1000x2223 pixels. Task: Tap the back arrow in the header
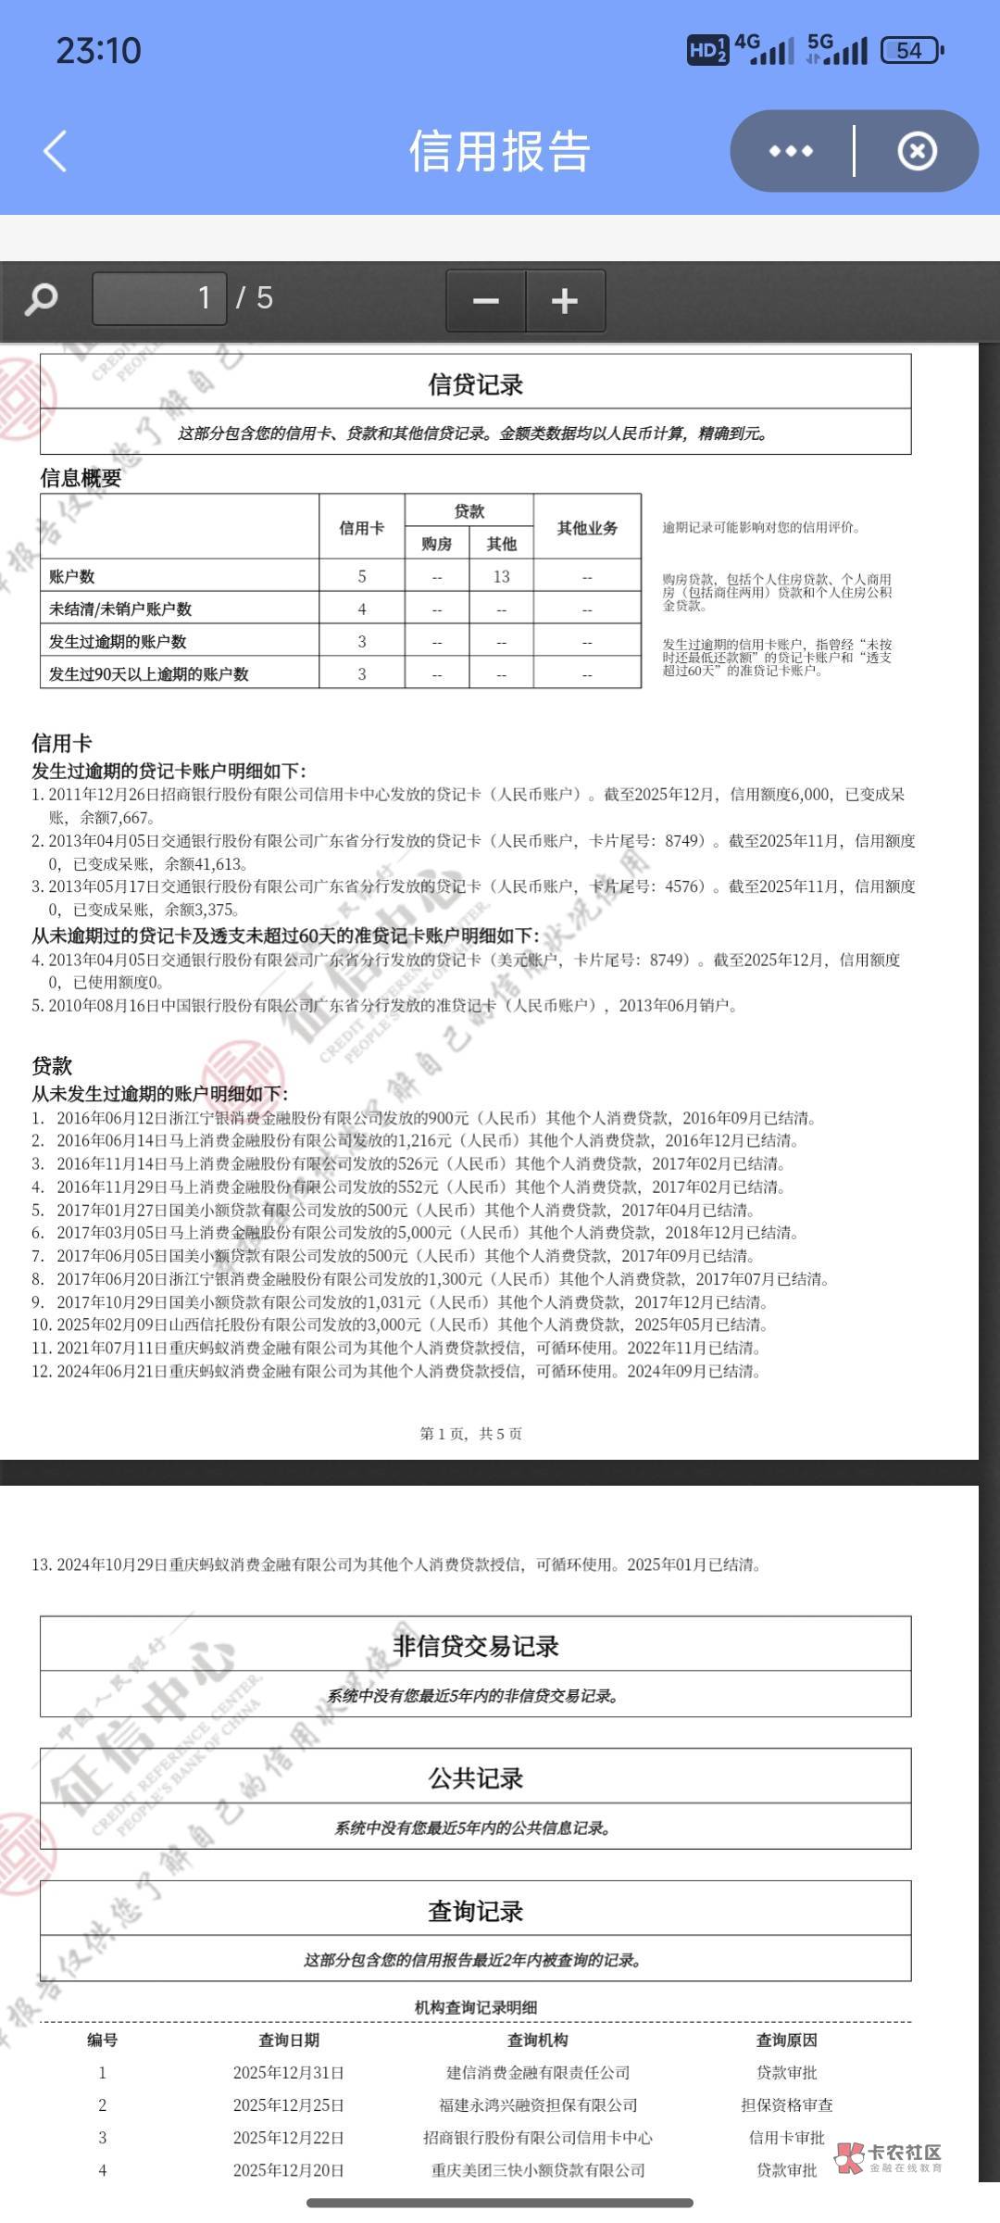coord(56,151)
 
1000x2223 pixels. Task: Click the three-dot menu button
coord(791,151)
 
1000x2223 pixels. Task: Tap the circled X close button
coord(917,151)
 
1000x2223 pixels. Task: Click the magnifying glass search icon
coord(41,299)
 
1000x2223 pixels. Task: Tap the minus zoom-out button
coord(486,300)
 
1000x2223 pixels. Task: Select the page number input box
coord(159,298)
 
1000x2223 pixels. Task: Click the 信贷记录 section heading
coord(475,384)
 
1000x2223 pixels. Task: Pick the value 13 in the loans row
coord(501,577)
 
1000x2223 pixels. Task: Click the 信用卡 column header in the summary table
coord(361,528)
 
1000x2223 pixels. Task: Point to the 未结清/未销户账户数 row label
coord(120,609)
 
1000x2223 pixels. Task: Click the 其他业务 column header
coord(587,528)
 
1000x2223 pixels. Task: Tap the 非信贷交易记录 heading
coord(475,1646)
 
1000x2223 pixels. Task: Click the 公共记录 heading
coord(475,1778)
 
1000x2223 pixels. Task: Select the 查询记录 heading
coord(475,1910)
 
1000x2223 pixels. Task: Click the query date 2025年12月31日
coord(288,2073)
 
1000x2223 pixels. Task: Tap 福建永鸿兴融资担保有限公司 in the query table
coord(538,2105)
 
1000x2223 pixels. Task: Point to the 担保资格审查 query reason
coord(786,2105)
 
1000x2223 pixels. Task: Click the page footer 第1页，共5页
coord(470,1434)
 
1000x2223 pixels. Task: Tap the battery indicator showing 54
coord(911,50)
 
